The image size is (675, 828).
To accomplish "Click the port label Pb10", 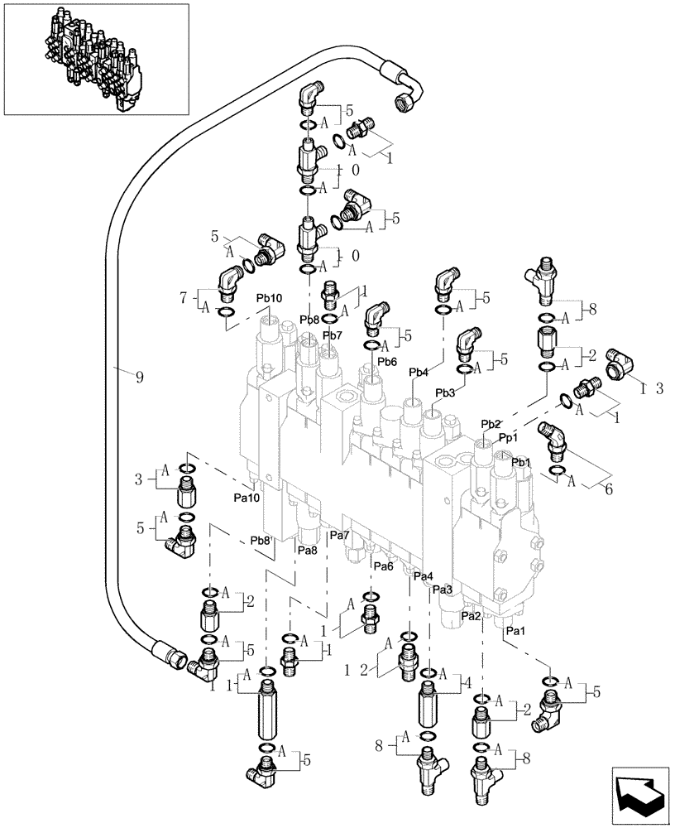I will point(269,298).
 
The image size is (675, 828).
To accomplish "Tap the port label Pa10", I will point(247,498).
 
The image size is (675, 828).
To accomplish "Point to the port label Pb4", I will point(419,373).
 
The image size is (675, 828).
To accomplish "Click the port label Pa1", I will point(515,631).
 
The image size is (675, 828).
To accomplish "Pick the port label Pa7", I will point(340,537).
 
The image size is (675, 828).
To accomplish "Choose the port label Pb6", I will point(387,362).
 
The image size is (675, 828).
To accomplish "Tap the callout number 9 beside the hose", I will point(138,376).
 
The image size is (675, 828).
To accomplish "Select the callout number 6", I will point(609,489).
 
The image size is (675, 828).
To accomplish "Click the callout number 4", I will point(468,684).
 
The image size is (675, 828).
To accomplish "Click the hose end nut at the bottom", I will point(176,659).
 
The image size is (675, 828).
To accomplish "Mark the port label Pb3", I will point(445,392).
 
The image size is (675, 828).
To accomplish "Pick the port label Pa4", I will point(423,576).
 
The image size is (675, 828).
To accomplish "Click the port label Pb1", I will point(519,461).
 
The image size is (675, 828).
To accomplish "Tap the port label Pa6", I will point(382,566).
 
